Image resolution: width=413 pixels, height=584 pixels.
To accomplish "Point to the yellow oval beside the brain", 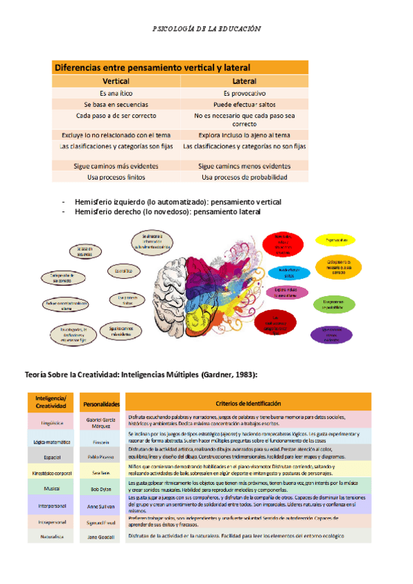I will pyautogui.click(x=337, y=240).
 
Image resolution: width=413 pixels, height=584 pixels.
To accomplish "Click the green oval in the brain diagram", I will pyautogui.click(x=334, y=303).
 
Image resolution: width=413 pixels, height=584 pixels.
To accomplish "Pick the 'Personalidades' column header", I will pyautogui.click(x=102, y=404).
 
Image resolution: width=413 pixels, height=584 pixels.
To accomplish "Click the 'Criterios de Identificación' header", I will pyautogui.click(x=248, y=403).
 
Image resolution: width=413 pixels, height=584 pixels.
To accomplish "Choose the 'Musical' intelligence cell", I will pyautogui.click(x=52, y=488).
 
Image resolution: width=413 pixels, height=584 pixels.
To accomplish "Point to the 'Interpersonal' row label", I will pyautogui.click(x=52, y=505).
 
